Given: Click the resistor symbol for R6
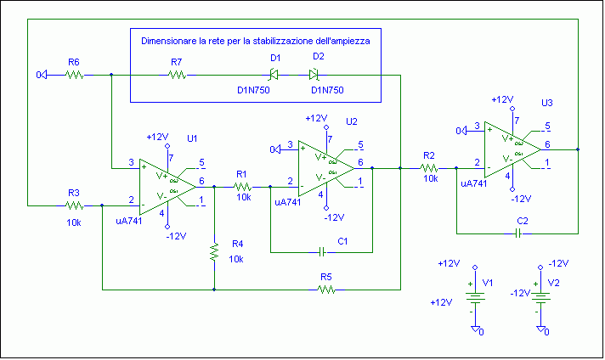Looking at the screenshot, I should coord(74,75).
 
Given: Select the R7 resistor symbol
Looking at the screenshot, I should coord(177,75).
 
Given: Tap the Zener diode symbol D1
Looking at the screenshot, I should coord(274,75).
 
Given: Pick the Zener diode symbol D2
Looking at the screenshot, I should coord(319,75).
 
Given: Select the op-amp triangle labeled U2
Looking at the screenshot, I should coord(326,166).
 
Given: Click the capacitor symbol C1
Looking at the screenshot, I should coord(322,251).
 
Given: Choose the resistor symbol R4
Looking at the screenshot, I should coord(215,251).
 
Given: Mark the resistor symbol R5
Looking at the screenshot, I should coord(325,290).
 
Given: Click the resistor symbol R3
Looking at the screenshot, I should coord(74,205).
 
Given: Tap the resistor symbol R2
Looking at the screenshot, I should coord(429,168).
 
